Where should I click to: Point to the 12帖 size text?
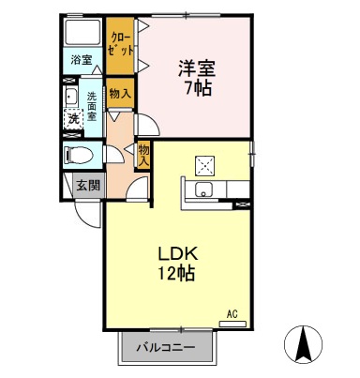[x=174, y=276]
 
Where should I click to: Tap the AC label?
[x=232, y=313]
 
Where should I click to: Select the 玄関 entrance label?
[x=86, y=184]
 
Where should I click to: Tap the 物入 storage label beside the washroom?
[x=118, y=93]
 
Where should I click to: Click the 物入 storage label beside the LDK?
[x=144, y=153]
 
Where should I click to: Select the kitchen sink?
[x=202, y=191]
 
